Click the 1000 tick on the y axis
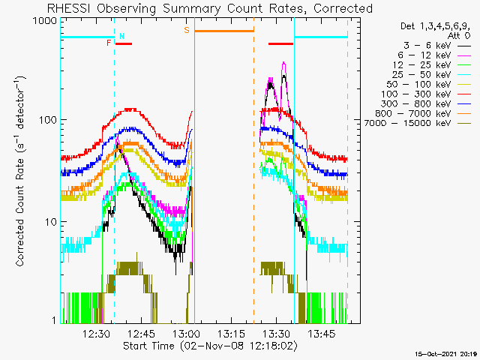[45, 22]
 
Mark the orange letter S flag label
[186, 30]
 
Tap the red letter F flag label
[109, 43]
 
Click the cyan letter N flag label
[121, 35]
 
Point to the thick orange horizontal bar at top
[223, 31]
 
